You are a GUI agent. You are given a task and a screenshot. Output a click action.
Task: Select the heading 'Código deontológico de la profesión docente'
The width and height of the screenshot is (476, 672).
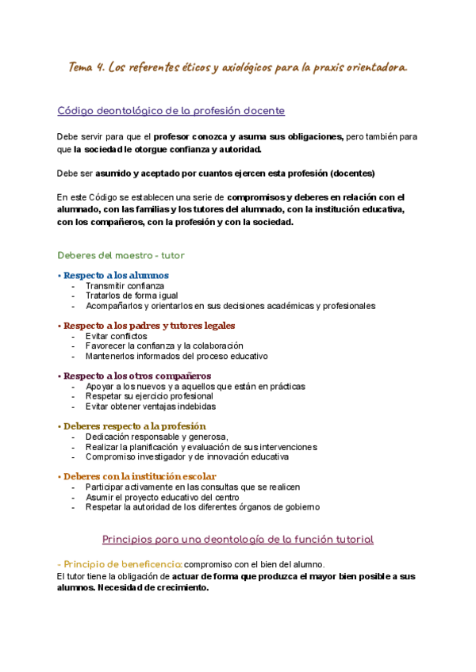(171, 111)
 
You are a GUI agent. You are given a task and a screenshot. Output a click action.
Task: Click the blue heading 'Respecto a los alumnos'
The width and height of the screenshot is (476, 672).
(116, 276)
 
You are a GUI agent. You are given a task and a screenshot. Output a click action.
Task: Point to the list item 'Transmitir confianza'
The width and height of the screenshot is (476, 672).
(125, 285)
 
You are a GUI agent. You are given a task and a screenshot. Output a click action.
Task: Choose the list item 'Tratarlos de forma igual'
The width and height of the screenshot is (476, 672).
(132, 296)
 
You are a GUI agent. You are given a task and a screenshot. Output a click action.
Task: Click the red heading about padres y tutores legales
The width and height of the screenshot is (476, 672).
(149, 326)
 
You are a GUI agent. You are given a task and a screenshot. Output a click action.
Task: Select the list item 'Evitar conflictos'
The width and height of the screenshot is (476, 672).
(117, 336)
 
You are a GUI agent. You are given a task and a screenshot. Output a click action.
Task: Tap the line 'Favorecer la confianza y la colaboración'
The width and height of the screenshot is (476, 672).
(164, 346)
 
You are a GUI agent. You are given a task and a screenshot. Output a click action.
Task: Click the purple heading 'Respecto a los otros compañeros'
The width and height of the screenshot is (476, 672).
(137, 376)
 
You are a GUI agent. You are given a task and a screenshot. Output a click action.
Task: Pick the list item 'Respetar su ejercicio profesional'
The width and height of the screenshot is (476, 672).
(149, 396)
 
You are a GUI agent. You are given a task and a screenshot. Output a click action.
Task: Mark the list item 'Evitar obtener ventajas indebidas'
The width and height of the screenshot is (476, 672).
(151, 407)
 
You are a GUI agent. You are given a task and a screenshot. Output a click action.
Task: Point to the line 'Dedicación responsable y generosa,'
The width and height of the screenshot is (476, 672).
(157, 437)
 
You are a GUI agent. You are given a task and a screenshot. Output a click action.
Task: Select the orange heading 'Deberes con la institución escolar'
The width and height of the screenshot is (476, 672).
(140, 476)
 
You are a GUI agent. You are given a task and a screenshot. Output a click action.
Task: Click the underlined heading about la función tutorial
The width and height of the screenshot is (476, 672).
(237, 540)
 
